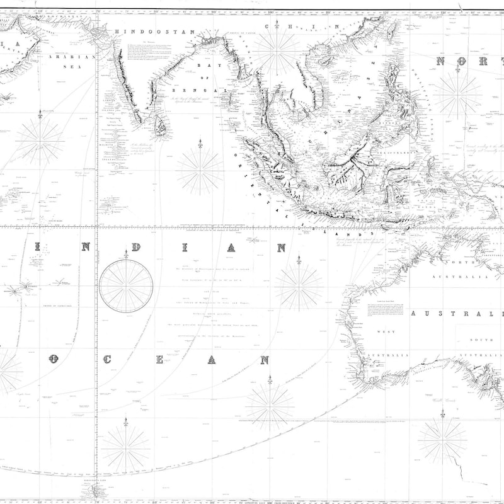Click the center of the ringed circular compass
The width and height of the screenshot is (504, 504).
pos(126,287)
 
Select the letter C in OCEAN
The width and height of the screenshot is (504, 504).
pos(108,360)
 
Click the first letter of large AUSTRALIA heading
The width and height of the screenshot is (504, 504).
pos(415,313)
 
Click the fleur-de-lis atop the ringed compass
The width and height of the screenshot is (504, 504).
pos(126,255)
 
